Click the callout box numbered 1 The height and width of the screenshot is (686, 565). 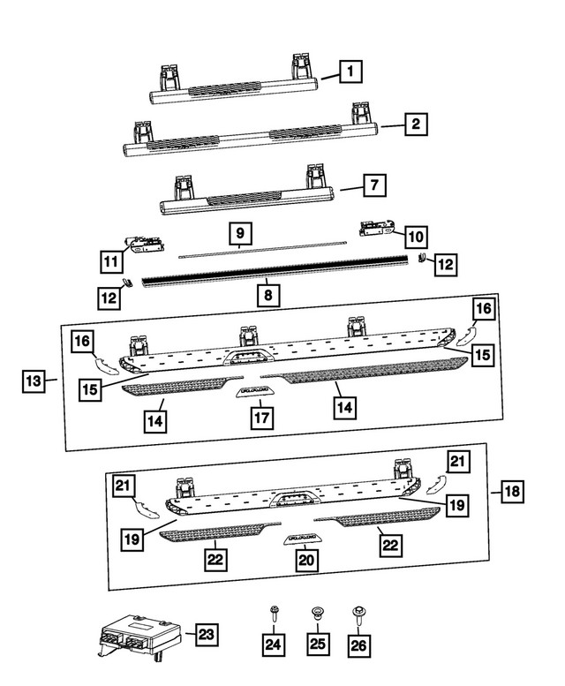click(350, 70)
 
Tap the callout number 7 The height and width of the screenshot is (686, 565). click(374, 186)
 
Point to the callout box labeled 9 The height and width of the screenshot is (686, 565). click(239, 234)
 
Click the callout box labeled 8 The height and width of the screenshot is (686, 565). click(264, 293)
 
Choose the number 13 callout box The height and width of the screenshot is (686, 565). click(34, 381)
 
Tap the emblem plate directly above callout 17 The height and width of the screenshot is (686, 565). click(254, 390)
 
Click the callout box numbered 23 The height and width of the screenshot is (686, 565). click(205, 634)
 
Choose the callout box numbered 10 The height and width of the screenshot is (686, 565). click(415, 237)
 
